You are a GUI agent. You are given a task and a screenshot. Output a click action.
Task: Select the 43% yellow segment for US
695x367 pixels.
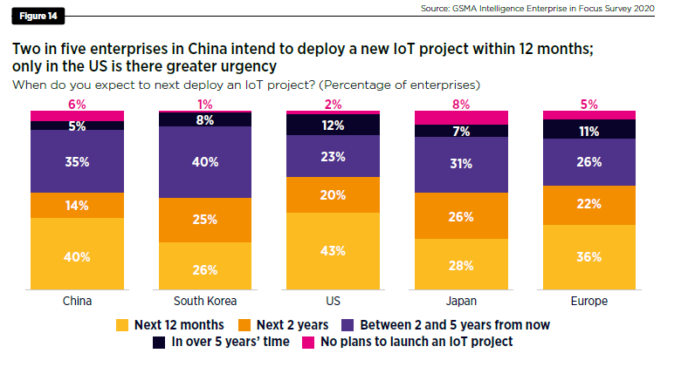tap(333, 250)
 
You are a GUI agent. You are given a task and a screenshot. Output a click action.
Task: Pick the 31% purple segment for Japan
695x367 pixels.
tap(461, 164)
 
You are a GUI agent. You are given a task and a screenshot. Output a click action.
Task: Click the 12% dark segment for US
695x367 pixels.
tap(333, 125)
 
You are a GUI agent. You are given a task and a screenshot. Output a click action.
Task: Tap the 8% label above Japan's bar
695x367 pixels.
tap(461, 104)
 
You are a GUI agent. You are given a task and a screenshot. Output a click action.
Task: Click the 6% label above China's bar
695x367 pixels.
tap(77, 104)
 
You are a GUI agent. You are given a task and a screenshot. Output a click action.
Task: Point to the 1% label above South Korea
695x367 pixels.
tap(204, 104)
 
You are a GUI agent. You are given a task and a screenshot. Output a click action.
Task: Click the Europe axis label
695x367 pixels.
tap(589, 301)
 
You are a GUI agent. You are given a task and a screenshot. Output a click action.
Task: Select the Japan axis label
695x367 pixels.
tap(461, 301)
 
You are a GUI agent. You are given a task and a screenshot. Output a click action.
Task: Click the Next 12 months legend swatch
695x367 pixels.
tap(123, 324)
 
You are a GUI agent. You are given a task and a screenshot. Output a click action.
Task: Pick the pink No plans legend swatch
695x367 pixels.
tap(311, 341)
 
